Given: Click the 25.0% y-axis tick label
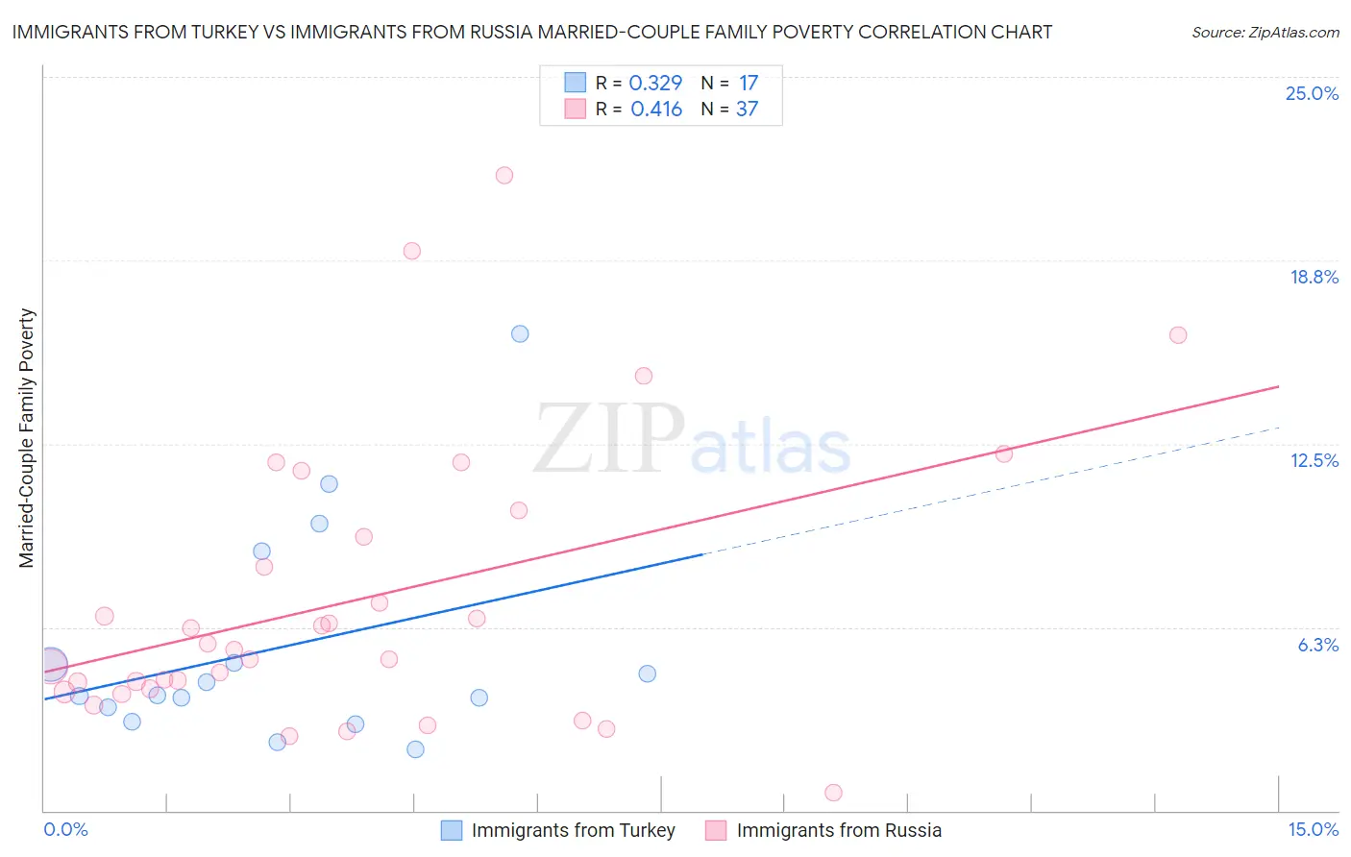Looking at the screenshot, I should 1312,93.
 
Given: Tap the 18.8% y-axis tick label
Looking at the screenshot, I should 1314,277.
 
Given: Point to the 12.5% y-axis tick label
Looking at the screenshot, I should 1314,460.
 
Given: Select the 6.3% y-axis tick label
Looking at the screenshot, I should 1317,645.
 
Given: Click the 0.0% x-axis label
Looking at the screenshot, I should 65,829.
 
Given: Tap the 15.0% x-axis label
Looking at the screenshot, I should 1313,829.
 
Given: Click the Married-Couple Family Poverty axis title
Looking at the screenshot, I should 27,437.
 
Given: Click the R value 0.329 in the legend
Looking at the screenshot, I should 655,84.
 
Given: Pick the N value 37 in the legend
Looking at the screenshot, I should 747,110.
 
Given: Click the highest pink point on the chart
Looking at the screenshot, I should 504,175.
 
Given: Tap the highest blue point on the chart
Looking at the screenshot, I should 520,333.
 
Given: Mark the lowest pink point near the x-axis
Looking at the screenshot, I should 833,793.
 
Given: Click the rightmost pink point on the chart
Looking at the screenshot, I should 1178,335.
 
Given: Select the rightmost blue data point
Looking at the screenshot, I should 648,673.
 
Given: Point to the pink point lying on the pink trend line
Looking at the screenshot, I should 1004,453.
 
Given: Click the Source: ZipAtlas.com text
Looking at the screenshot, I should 1265,33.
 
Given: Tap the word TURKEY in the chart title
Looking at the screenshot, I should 217,32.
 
